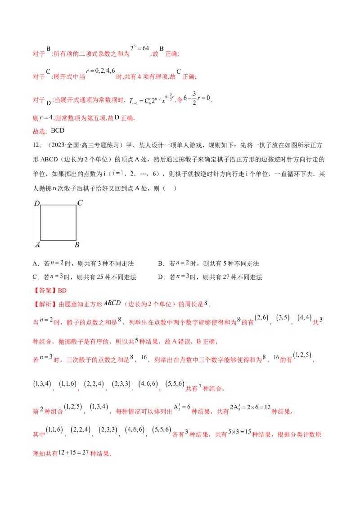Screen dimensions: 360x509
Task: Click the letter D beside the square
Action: (37, 204)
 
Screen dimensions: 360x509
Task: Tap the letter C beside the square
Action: (80, 203)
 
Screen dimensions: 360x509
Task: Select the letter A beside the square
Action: (37, 245)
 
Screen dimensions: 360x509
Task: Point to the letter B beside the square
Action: (77, 245)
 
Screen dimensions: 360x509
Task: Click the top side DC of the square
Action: (58, 205)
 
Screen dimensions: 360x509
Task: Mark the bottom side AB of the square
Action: (58, 240)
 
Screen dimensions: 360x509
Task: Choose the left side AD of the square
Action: (40, 223)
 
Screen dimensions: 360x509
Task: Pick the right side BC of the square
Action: (76, 223)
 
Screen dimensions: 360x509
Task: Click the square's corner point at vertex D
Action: (40, 205)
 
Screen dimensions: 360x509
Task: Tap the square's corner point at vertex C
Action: (76, 205)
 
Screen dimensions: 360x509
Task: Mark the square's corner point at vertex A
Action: (40, 240)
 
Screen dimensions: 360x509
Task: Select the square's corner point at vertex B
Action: (76, 240)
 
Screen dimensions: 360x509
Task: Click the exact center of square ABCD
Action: (58, 223)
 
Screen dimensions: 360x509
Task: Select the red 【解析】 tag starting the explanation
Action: (45, 304)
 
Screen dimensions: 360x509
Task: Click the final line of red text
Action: (72, 454)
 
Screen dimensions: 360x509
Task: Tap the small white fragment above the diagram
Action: (119, 171)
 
